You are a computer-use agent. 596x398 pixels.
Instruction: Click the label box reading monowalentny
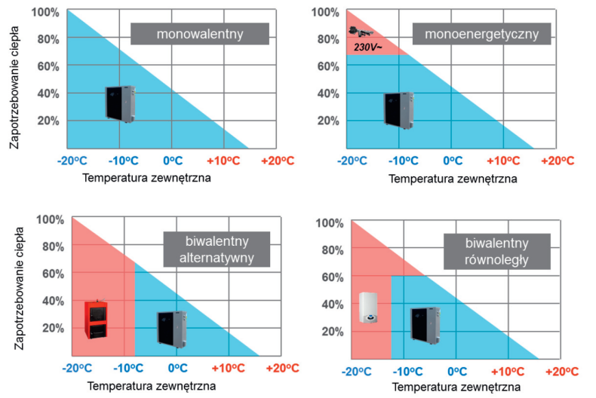[x=199, y=34]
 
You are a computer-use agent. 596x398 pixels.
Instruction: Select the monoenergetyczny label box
[x=482, y=34]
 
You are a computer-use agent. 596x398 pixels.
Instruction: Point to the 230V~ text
[x=367, y=47]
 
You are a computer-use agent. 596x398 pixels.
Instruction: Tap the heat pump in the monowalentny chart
[x=119, y=104]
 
